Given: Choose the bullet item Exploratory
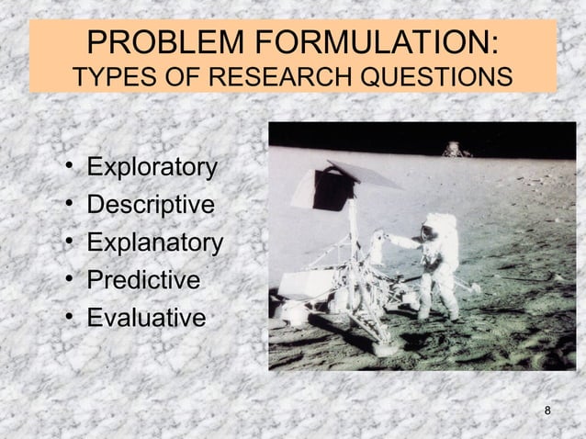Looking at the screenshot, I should point(152,168).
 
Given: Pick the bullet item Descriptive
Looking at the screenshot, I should point(151,205).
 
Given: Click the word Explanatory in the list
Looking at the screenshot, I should point(154,243).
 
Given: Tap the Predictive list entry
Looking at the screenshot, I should point(142,280).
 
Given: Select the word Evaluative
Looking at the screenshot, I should point(146,318).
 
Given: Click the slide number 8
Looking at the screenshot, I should point(548,410).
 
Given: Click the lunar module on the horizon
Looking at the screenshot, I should point(452,148).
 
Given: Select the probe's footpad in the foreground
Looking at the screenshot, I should point(296,315).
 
